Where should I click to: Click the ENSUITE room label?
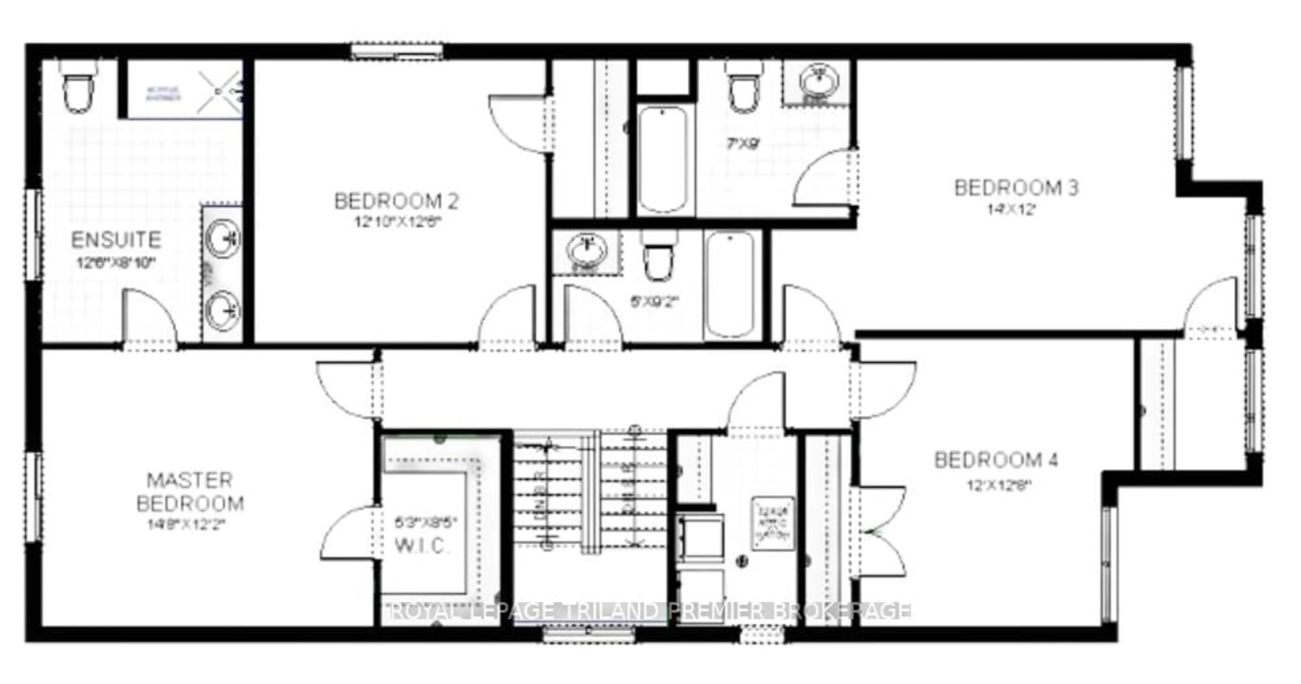click(116, 240)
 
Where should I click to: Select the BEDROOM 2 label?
click(396, 201)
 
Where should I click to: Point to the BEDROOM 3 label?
click(1016, 188)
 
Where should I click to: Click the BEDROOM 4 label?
click(996, 460)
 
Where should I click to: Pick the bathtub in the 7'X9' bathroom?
click(662, 159)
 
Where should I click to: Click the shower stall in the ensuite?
click(184, 91)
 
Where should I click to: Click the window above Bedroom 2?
click(397, 51)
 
